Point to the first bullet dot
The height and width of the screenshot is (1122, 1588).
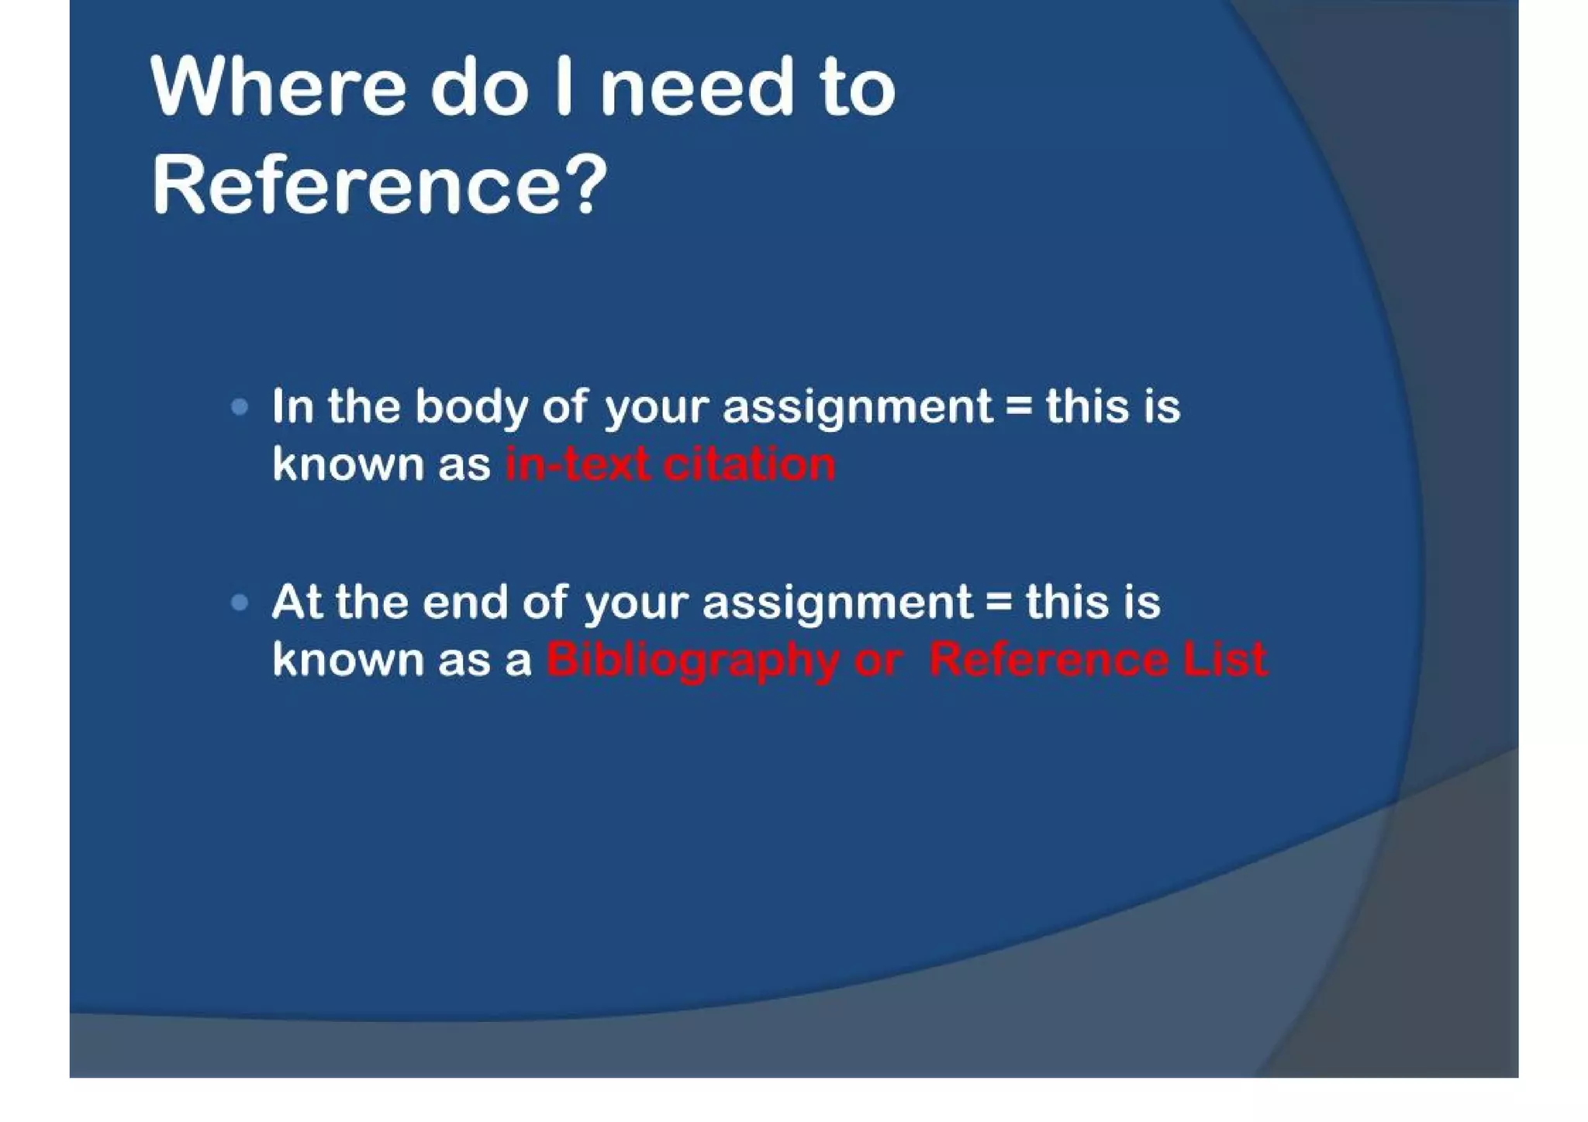(x=240, y=406)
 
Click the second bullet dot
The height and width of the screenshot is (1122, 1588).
(x=240, y=602)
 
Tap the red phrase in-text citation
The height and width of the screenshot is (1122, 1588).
(x=670, y=465)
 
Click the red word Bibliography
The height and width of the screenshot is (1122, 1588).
(x=692, y=661)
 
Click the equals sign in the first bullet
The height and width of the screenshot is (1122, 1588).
(x=1019, y=407)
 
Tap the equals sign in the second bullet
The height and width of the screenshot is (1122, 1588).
(x=999, y=602)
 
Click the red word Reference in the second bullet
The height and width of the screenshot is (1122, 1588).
(x=1049, y=659)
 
